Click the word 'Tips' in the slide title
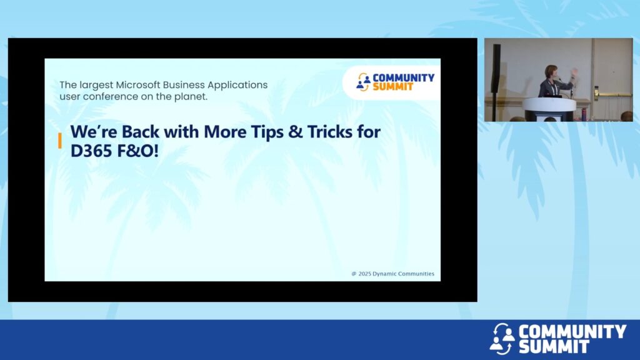(x=267, y=132)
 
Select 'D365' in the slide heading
(x=91, y=151)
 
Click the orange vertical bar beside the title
(x=60, y=141)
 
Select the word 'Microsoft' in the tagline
(x=137, y=85)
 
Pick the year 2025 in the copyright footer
(x=365, y=274)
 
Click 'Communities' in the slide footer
(x=416, y=274)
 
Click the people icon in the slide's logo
(x=363, y=82)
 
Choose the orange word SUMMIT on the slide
(x=393, y=86)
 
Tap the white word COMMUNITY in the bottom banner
(x=572, y=331)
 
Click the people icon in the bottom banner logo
(x=502, y=339)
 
